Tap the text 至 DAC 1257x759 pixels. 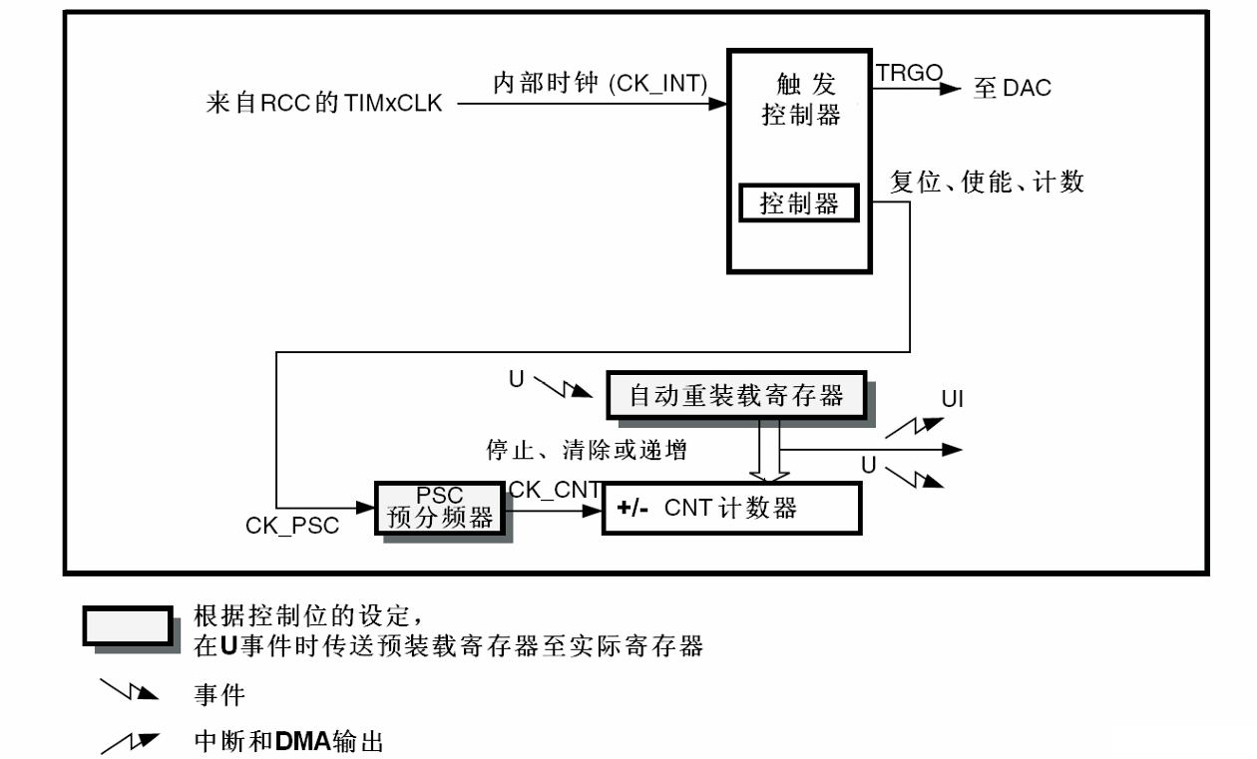(1012, 89)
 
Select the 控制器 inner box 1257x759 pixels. (799, 204)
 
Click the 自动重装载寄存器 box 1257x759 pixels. (736, 396)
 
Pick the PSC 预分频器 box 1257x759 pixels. (440, 508)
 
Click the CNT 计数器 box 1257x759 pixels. (730, 509)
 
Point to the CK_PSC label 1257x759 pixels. (291, 527)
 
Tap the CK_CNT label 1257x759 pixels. (554, 489)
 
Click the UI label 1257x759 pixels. (952, 400)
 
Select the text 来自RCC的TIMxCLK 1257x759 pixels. (324, 104)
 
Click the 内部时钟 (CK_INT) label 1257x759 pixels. (601, 84)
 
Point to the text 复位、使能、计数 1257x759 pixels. (987, 183)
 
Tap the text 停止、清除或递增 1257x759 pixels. (587, 451)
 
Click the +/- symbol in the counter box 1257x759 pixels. (633, 509)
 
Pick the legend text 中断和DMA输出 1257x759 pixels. (288, 741)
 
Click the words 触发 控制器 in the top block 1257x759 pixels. (800, 99)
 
